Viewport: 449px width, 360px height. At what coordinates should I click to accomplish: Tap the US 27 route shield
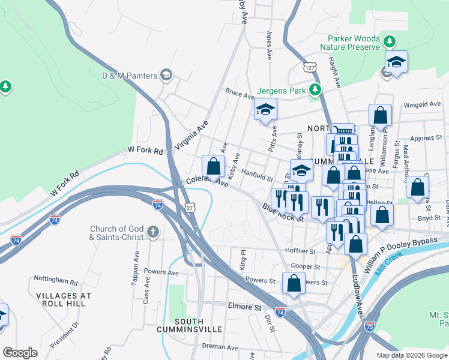pos(190,207)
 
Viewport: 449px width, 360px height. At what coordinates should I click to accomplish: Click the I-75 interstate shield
pos(369,326)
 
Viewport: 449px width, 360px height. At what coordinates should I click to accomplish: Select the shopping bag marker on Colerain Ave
pos(213,166)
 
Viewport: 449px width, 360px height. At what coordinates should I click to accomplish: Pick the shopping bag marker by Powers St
pos(294,283)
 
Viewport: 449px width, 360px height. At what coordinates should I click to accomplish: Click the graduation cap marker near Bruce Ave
pos(265,110)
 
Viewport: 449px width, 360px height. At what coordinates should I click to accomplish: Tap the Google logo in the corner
pos(20,353)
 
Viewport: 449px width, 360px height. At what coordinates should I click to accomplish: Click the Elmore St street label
pos(244,306)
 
